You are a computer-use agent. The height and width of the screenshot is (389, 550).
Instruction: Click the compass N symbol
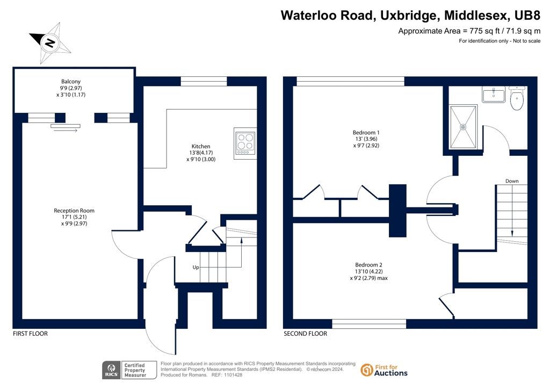[50, 43]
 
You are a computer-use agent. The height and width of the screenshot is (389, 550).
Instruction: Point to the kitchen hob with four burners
[245, 143]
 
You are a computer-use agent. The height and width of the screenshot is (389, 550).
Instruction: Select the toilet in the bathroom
[517, 98]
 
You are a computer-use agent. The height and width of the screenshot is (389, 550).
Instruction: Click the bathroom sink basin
[494, 95]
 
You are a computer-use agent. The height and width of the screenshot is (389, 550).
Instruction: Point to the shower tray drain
[464, 127]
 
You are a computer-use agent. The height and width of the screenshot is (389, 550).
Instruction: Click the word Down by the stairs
[512, 181]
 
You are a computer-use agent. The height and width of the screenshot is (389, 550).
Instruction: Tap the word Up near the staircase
[196, 267]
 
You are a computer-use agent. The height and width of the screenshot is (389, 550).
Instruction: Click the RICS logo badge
[111, 370]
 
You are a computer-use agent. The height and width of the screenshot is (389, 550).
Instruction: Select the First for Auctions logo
[384, 370]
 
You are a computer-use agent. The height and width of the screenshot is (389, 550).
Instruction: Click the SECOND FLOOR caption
[305, 334]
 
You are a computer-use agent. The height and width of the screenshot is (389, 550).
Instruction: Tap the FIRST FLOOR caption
[30, 334]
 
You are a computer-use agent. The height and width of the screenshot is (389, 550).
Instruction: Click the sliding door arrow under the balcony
[66, 131]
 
